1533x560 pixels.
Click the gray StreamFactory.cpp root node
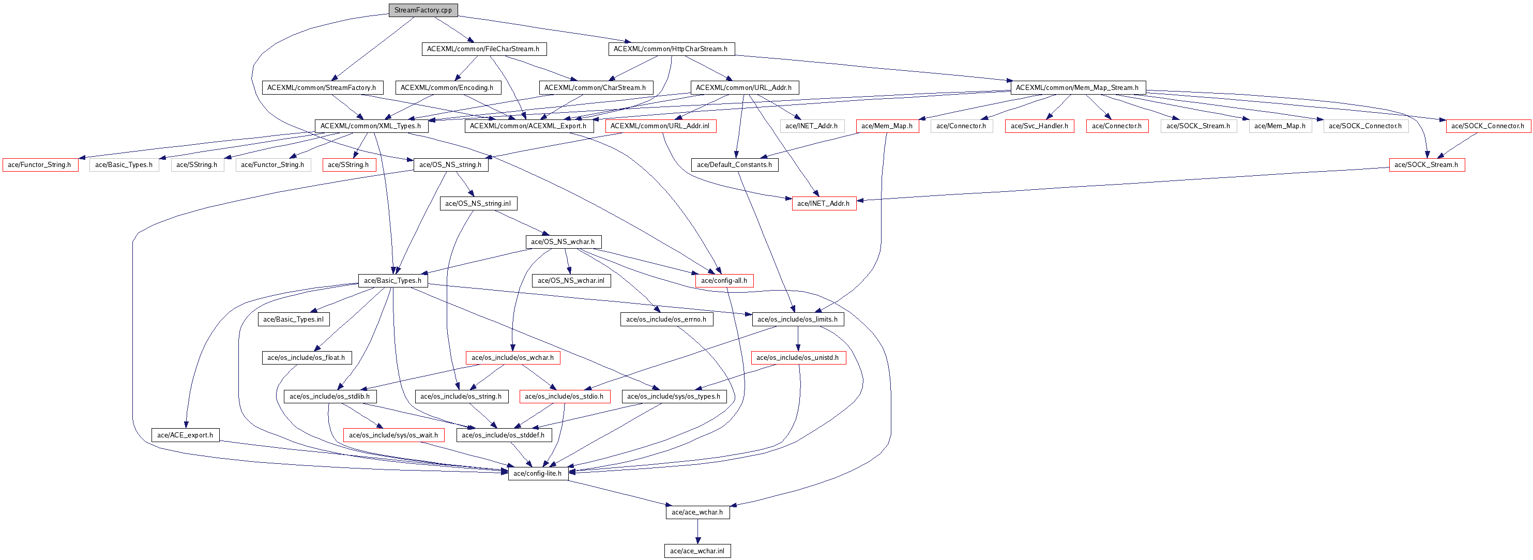pyautogui.click(x=422, y=10)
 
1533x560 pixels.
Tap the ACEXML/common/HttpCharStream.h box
pyautogui.click(x=671, y=49)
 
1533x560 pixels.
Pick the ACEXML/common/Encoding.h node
pyautogui.click(x=447, y=87)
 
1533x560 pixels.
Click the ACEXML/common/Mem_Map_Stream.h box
pyautogui.click(x=1077, y=87)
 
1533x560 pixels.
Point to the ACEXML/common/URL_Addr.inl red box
pyautogui.click(x=660, y=126)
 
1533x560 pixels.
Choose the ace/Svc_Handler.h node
pyautogui.click(x=1039, y=126)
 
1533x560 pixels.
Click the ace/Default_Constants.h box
pyautogui.click(x=734, y=165)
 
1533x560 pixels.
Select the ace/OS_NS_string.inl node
pyautogui.click(x=478, y=204)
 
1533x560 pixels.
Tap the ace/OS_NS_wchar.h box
pyautogui.click(x=563, y=241)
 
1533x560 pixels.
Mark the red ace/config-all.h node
pyautogui.click(x=724, y=280)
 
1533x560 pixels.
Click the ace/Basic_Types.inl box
pyautogui.click(x=293, y=319)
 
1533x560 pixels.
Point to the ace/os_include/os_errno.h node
pyautogui.click(x=666, y=319)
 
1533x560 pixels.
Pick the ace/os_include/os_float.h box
pyautogui.click(x=306, y=358)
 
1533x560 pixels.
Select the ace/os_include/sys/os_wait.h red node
pyautogui.click(x=393, y=435)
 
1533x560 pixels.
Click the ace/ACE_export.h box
pyautogui.click(x=185, y=435)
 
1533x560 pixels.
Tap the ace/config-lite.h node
pyautogui.click(x=537, y=474)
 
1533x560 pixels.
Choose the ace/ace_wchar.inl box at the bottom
pyautogui.click(x=697, y=551)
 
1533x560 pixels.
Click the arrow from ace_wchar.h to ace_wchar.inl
pyautogui.click(x=697, y=532)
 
